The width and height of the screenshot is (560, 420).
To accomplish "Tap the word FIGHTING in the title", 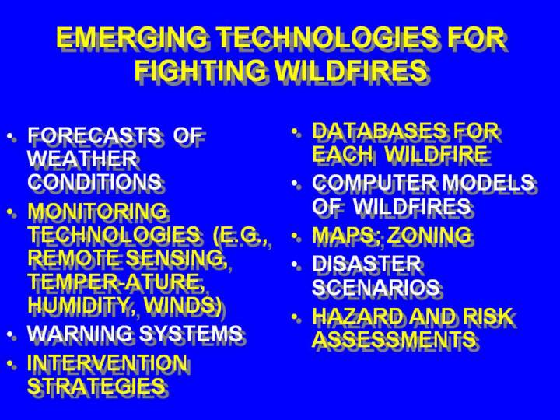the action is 201,70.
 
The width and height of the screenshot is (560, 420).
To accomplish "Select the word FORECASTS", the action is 94,135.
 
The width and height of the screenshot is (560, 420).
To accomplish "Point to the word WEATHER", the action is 82,158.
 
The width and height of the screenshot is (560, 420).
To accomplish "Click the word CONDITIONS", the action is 94,181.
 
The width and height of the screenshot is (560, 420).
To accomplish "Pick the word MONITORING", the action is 97,211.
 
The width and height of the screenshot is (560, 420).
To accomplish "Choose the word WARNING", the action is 79,333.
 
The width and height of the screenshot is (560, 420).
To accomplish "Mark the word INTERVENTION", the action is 107,362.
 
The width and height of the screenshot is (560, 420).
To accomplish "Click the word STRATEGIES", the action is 96,386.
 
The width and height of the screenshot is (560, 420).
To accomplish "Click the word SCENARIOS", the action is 376,287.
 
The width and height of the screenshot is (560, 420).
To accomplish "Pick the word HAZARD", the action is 359,316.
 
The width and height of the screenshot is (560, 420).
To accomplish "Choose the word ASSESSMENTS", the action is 394,339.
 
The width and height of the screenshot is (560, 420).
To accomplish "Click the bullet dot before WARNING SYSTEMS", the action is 11,334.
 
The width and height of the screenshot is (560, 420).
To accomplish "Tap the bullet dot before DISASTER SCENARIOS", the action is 295,264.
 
